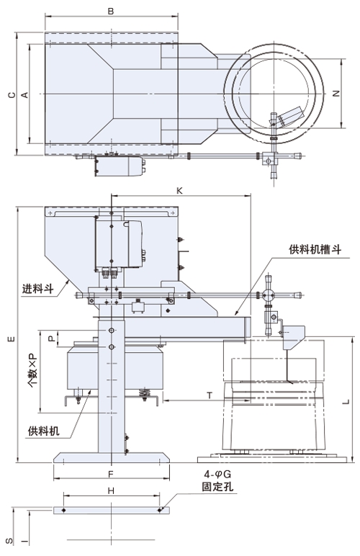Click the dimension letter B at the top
click(111, 12)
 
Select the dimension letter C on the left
click(12, 94)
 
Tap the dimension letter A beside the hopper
click(24, 94)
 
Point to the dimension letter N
click(336, 94)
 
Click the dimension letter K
click(179, 191)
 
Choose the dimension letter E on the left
click(12, 339)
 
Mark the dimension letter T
click(210, 395)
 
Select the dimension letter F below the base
click(111, 474)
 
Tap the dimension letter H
click(112, 490)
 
